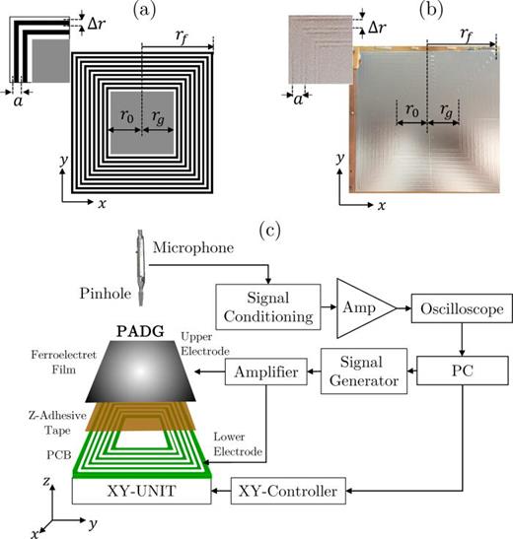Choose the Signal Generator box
tap(365, 373)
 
